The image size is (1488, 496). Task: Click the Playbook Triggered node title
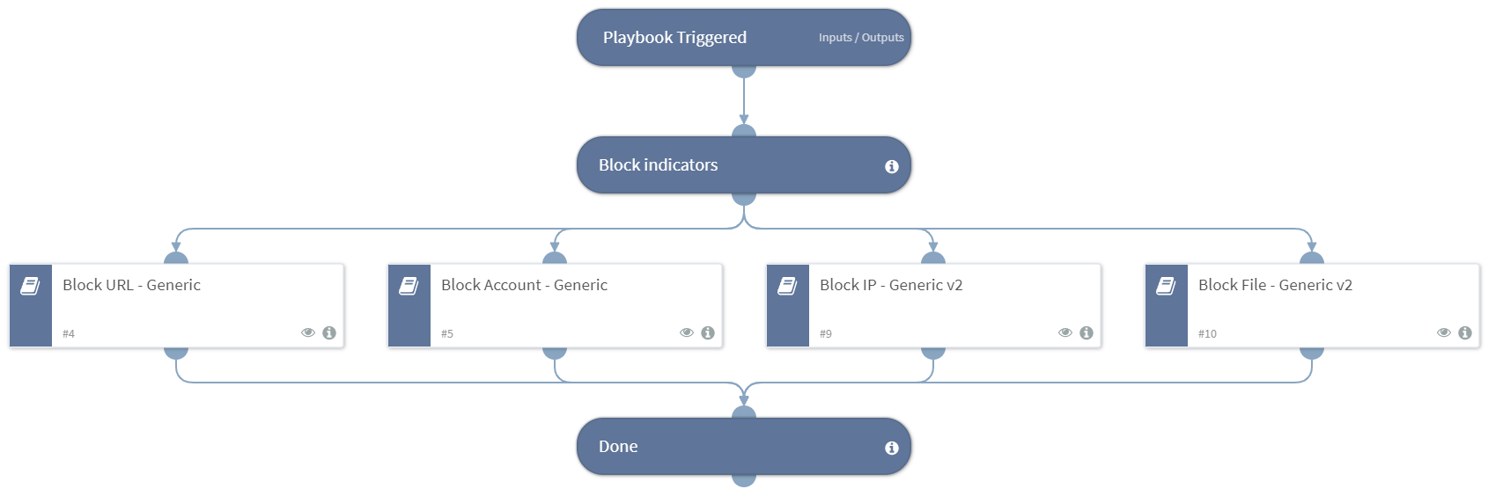click(674, 38)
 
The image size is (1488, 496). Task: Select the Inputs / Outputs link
click(860, 38)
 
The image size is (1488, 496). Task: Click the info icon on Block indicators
click(891, 166)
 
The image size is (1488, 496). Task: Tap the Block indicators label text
click(658, 165)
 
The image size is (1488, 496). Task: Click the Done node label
click(618, 447)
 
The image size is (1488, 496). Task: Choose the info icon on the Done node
click(891, 448)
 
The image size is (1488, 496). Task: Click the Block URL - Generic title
click(131, 285)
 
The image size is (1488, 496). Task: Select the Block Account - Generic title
click(524, 285)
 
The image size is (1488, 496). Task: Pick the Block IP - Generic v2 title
click(890, 285)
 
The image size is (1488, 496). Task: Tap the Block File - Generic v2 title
click(1274, 285)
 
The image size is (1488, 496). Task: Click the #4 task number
click(69, 334)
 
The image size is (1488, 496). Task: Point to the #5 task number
click(447, 334)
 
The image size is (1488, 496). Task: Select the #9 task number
click(826, 334)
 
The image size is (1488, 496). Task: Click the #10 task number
click(1207, 334)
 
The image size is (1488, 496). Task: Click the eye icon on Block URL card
click(308, 332)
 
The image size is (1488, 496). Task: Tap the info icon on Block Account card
click(708, 332)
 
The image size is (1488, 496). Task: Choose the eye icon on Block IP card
click(1065, 332)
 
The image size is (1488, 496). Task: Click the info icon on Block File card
click(1465, 332)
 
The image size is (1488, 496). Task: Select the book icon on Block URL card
click(31, 286)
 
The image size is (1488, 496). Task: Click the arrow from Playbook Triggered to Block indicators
click(744, 101)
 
